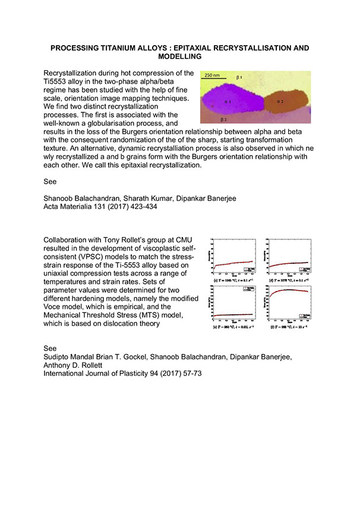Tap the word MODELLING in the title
pos(179,57)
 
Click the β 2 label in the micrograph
pos(224,120)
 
